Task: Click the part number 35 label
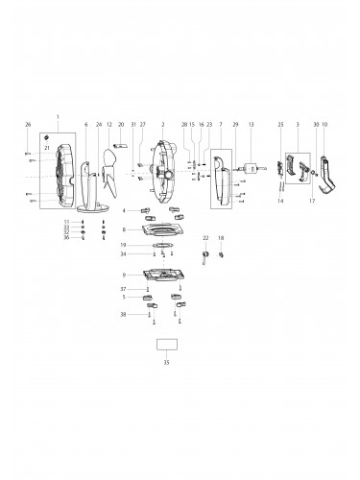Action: click(164, 363)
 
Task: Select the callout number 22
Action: click(204, 237)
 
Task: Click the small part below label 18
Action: click(221, 254)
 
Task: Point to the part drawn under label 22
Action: click(204, 254)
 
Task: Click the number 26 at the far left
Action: click(28, 125)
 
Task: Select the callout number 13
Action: click(251, 125)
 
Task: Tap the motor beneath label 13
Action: click(252, 168)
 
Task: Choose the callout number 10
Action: click(324, 125)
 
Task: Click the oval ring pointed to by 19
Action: click(163, 246)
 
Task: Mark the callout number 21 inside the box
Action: click(46, 149)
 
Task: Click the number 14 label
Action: click(281, 201)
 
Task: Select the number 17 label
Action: click(312, 201)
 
